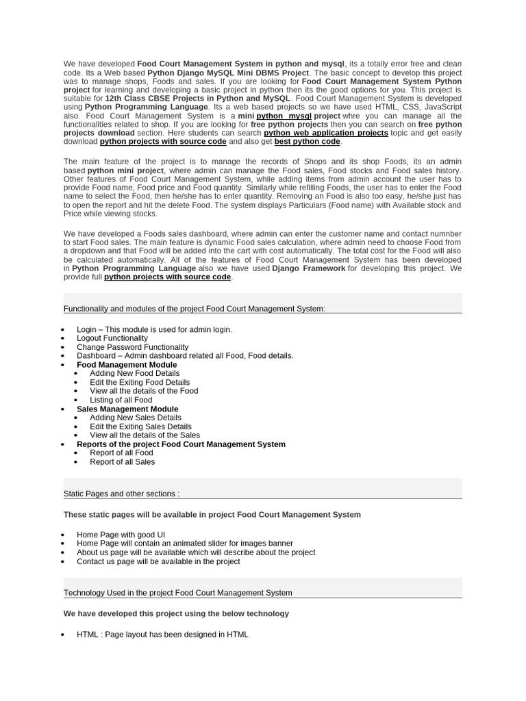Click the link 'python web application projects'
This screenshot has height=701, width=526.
click(326, 133)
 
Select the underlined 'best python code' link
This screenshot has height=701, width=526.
click(307, 142)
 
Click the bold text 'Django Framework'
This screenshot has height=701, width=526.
click(308, 268)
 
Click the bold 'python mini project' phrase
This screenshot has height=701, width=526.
click(125, 170)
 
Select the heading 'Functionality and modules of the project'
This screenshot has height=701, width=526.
click(194, 309)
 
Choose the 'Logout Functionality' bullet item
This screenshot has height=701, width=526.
click(112, 338)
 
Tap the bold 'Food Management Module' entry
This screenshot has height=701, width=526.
click(127, 365)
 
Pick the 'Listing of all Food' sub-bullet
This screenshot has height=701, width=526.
click(121, 400)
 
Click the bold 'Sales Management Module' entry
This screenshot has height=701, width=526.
click(127, 409)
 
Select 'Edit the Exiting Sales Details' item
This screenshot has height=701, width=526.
click(140, 426)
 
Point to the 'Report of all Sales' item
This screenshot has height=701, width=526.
click(122, 461)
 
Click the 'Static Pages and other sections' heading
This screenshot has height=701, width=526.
click(121, 494)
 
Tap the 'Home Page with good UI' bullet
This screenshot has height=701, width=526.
click(121, 535)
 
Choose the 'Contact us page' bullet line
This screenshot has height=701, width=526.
click(158, 561)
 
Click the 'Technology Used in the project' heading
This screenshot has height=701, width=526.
click(177, 593)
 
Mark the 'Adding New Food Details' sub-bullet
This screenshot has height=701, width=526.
click(134, 374)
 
